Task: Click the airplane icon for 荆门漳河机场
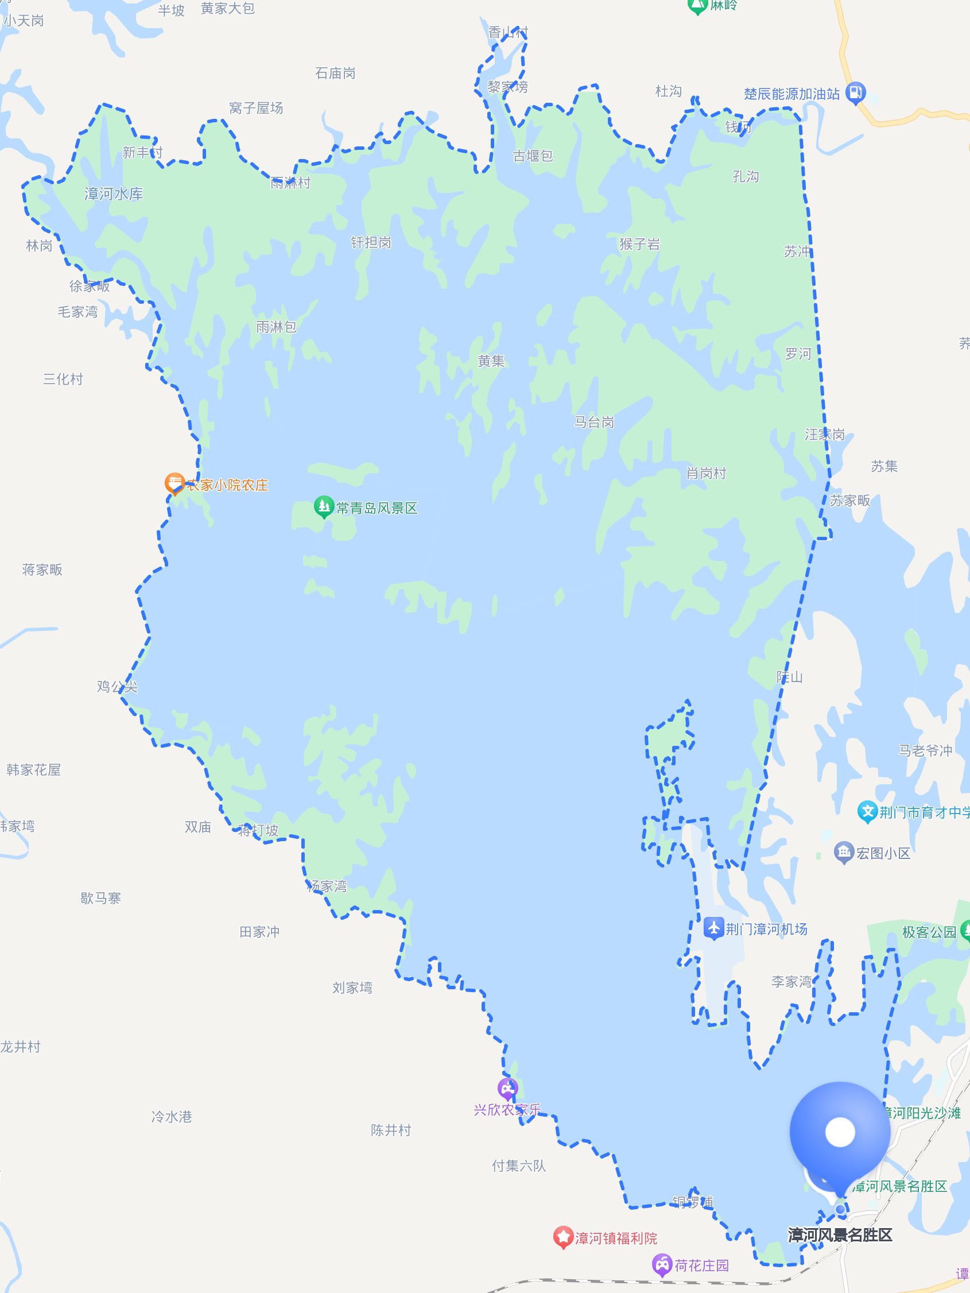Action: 713,929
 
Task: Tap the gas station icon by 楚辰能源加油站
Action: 855,92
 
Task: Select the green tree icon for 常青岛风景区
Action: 323,508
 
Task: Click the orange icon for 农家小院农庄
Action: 174,484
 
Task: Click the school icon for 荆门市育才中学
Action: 868,811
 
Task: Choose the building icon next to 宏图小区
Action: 844,853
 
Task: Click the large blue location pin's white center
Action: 840,1133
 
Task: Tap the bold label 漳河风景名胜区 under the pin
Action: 840,1234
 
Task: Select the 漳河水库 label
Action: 114,194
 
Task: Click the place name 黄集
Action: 491,361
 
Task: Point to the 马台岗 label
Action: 593,422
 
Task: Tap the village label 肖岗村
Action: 706,474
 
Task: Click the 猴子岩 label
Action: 639,245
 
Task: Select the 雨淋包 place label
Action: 276,327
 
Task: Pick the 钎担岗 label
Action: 370,242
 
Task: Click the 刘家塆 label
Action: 352,988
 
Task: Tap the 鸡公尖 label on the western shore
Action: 117,686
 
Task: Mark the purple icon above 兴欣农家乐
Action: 507,1089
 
